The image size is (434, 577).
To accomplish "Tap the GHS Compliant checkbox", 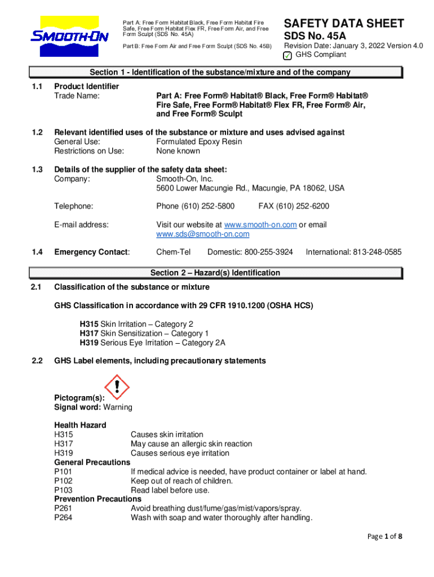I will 287,55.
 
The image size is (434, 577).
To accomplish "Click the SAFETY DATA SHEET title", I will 344,24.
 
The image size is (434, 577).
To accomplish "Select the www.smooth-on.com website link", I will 260,225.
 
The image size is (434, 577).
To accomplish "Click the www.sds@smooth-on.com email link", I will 202,234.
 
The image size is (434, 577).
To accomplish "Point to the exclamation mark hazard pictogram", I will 117,387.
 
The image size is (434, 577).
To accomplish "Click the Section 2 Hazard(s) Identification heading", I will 215,273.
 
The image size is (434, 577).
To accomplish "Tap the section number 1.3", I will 37,170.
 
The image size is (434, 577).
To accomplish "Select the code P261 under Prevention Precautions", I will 64,508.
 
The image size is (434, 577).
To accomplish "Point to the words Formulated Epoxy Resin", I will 199,141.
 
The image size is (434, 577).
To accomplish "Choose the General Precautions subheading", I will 92,462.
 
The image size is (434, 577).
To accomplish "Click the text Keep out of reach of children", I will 181,481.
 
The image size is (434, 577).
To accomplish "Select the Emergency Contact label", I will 91,252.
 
